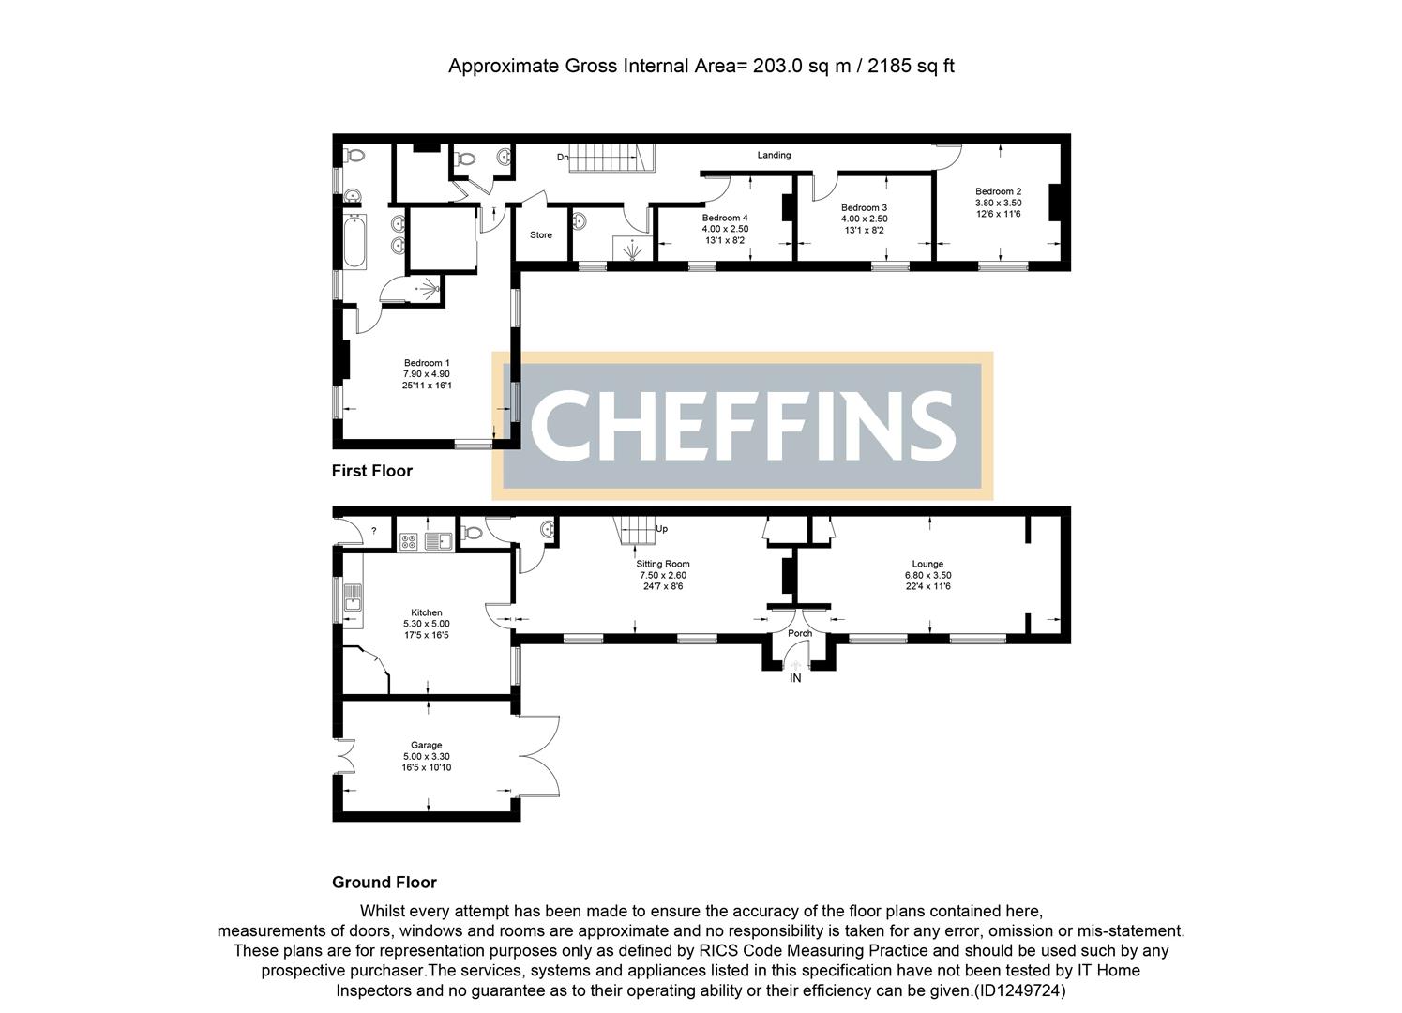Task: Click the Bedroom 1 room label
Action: (427, 363)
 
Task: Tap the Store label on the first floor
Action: (541, 234)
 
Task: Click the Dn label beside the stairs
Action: (563, 158)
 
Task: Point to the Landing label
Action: (774, 155)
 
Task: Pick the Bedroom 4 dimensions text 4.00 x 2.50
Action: (725, 229)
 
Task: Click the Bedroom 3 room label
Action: (864, 207)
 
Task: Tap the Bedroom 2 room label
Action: (998, 191)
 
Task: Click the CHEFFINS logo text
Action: (742, 426)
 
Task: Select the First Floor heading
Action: (371, 471)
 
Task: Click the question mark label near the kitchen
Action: (373, 531)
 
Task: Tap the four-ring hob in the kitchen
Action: (409, 540)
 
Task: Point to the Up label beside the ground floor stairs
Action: (661, 529)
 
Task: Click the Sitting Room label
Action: (663, 564)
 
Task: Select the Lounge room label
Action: (927, 564)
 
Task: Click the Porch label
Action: (799, 633)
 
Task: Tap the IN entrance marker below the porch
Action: (795, 678)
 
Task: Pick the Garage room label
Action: (426, 745)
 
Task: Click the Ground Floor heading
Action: (384, 883)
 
